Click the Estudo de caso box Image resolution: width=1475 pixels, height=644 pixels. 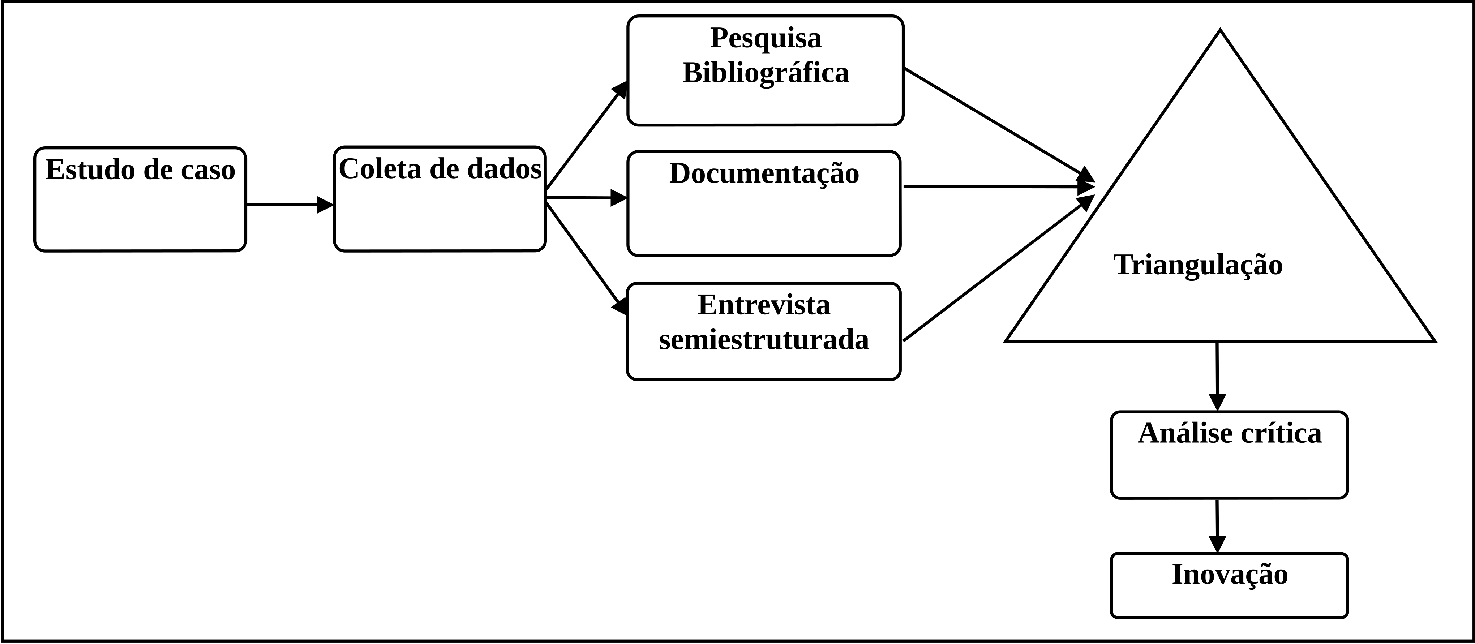tap(140, 199)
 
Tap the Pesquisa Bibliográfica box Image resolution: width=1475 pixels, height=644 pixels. tap(766, 70)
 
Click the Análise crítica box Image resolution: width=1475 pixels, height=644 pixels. tap(1229, 455)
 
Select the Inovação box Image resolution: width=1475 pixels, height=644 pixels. tap(1229, 585)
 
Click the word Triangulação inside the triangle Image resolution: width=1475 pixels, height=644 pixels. tap(1198, 265)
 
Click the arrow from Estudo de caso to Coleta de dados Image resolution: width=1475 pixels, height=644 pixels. tap(290, 204)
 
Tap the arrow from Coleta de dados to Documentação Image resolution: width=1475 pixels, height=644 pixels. tap(587, 197)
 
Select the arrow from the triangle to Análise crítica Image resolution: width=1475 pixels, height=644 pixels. tap(1217, 376)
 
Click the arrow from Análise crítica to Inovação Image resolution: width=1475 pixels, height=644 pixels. tap(1217, 525)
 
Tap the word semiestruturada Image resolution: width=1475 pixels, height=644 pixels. tap(764, 339)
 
